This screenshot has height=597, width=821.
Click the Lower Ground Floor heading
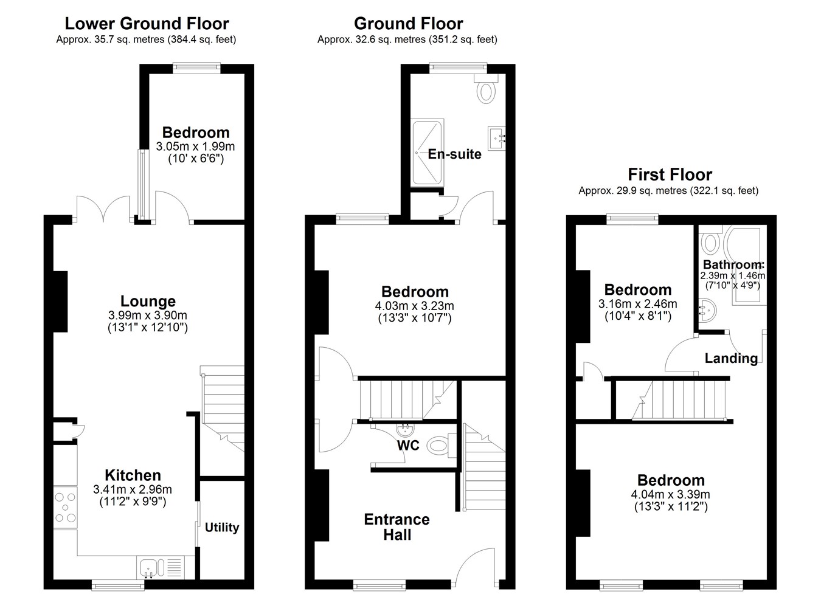147,24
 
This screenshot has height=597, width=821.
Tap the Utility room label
222,527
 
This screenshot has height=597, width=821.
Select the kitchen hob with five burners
66,507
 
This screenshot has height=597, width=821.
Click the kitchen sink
161,567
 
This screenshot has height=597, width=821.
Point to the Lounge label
148,302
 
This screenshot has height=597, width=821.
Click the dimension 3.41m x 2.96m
133,489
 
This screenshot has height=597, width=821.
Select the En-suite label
454,154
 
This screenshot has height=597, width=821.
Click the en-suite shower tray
428,153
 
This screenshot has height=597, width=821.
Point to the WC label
408,446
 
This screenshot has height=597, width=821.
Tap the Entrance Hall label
397,527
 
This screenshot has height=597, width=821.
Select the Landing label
731,358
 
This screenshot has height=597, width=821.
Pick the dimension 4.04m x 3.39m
670,494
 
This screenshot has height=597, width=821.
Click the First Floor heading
670,174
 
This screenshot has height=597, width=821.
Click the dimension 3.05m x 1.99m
195,147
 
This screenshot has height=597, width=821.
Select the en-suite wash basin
497,139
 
